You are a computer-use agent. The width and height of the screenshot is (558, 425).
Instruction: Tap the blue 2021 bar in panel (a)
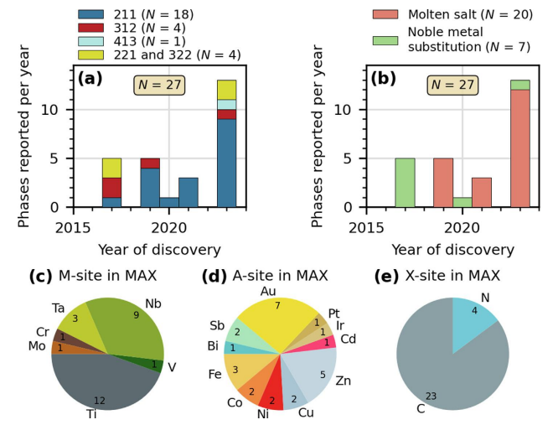click(x=189, y=192)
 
